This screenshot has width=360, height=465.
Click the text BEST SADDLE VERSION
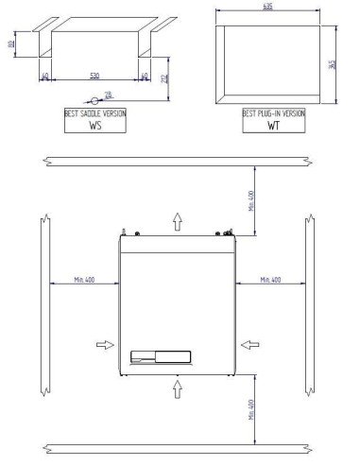[94, 113]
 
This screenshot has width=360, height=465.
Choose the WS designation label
[94, 125]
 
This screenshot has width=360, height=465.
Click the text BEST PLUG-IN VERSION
[274, 113]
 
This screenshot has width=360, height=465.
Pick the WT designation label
[274, 125]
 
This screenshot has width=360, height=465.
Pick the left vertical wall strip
[43, 306]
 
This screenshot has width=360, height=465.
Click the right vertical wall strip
[310, 306]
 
